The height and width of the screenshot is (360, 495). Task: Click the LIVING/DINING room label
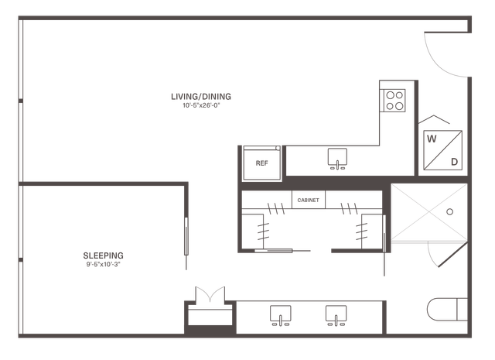[x=201, y=97]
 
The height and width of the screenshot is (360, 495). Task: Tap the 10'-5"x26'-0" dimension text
[x=201, y=105]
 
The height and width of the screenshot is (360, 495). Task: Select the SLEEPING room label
[x=103, y=255]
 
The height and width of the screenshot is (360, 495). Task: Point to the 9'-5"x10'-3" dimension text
[x=103, y=264]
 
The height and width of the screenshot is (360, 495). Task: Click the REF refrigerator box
[x=261, y=163]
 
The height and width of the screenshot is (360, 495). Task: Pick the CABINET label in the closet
[x=308, y=200]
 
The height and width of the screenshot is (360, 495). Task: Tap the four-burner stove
[x=394, y=101]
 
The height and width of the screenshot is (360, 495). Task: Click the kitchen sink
[x=337, y=159]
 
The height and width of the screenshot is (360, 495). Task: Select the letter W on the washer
[x=432, y=139]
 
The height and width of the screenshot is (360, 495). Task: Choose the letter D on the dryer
[x=454, y=162]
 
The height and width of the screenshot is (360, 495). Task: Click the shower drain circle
[x=450, y=212]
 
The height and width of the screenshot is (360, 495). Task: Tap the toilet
[x=447, y=310]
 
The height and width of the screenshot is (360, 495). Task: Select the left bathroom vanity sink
[x=280, y=315]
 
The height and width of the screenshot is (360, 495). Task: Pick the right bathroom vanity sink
[x=336, y=315]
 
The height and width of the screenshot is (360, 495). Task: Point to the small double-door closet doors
[x=210, y=295]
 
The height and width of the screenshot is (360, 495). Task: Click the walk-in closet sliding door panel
[x=273, y=251]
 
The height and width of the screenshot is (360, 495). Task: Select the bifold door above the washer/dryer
[x=434, y=118]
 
